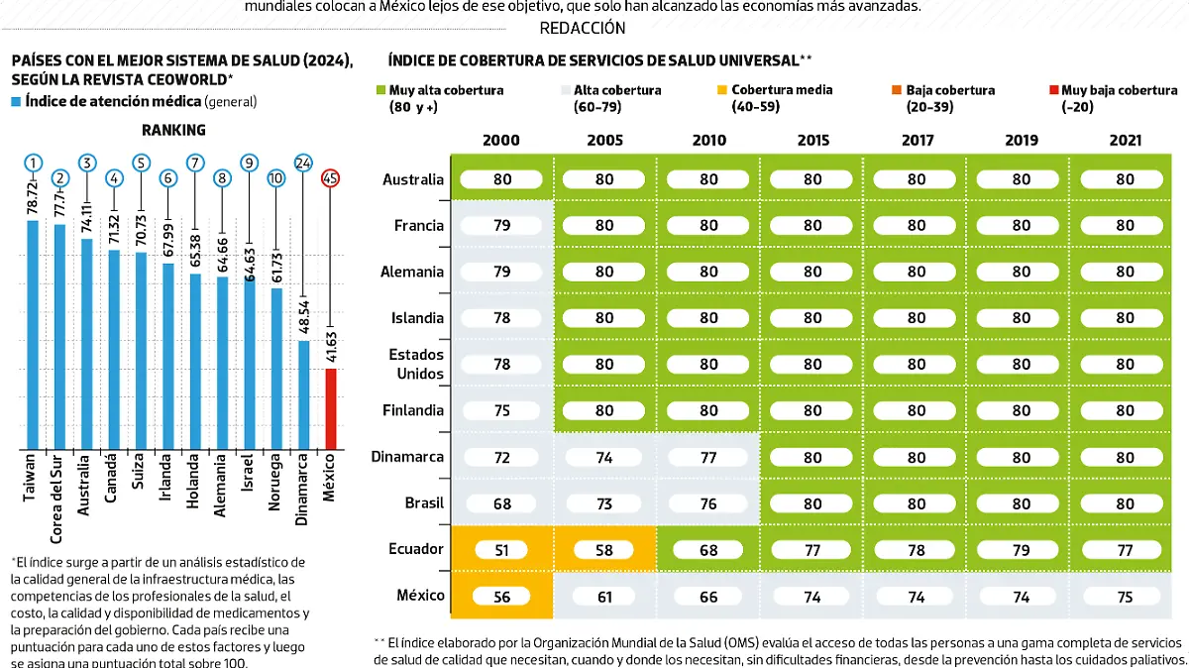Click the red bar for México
click(x=331, y=408)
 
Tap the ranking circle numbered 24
click(x=304, y=164)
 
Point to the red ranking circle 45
click(x=331, y=179)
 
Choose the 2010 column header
click(x=708, y=141)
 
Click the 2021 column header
click(x=1125, y=141)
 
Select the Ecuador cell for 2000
click(x=502, y=549)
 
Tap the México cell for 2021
click(x=1125, y=597)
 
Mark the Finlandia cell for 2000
click(x=502, y=410)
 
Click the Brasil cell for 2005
click(x=604, y=503)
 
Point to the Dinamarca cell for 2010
click(x=708, y=457)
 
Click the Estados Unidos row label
click(x=416, y=364)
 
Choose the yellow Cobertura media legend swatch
click(x=722, y=89)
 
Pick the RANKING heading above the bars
click(x=173, y=130)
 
